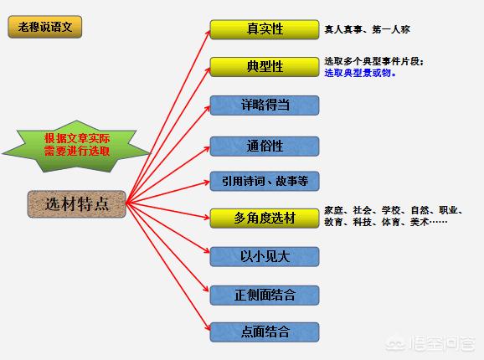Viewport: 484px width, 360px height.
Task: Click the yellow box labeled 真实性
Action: click(265, 29)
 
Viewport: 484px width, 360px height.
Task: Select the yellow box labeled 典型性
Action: click(265, 67)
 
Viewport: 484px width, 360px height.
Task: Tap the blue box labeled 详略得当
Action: click(265, 105)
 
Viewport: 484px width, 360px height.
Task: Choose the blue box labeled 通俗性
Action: click(265, 146)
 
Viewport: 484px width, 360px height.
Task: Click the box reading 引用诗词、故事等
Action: click(265, 181)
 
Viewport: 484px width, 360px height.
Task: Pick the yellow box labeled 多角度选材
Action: click(265, 219)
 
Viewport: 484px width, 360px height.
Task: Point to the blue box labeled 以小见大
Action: click(265, 256)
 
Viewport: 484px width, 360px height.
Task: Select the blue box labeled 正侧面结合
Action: click(265, 295)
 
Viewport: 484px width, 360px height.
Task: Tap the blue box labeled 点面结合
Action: click(265, 332)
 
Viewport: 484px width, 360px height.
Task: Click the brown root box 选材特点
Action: click(77, 204)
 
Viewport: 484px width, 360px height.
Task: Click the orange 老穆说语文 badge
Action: click(45, 27)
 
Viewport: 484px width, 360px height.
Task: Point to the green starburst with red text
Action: click(76, 147)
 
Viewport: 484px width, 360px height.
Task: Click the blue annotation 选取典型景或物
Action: click(360, 73)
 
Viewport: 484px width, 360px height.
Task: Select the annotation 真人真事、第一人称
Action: click(367, 29)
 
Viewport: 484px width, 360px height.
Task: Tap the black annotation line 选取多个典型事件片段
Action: click(373, 61)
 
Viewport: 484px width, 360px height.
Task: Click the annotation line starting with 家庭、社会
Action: click(394, 210)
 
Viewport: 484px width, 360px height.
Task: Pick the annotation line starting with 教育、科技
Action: click(385, 222)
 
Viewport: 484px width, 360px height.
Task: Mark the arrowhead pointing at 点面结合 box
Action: click(207, 327)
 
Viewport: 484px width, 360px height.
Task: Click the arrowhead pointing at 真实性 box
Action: click(208, 33)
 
